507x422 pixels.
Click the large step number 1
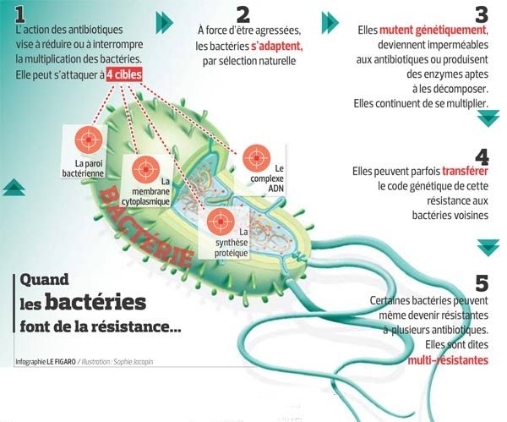click(19, 15)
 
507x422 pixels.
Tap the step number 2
click(243, 14)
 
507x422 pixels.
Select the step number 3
click(482, 15)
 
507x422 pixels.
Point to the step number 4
click(482, 157)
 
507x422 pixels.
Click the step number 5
click(482, 283)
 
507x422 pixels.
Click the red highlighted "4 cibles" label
click(124, 75)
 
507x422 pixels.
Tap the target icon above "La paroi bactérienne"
click(89, 140)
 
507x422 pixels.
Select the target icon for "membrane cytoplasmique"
click(146, 169)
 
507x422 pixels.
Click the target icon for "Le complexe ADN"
click(257, 158)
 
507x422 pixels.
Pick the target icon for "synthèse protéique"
click(221, 222)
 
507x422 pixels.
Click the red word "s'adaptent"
click(277, 47)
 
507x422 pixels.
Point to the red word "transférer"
click(465, 171)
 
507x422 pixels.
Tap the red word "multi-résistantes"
click(448, 360)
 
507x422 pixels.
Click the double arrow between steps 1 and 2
click(165, 23)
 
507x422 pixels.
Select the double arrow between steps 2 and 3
click(330, 23)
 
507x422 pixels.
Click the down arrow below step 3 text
click(488, 118)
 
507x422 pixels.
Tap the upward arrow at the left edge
click(14, 187)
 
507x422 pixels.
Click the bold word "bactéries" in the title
click(95, 302)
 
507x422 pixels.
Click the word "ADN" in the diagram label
click(275, 188)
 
